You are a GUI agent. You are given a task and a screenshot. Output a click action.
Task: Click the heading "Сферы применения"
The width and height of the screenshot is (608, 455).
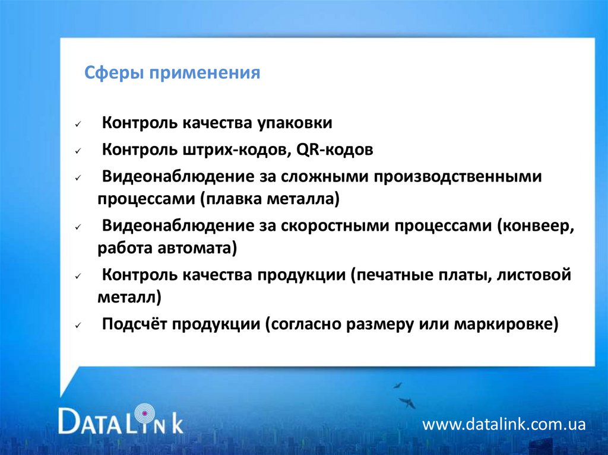click(172, 73)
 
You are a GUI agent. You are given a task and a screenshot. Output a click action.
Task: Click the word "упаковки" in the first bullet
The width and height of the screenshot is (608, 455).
click(294, 123)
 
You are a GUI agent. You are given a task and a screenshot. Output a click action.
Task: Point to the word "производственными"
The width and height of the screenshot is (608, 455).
click(458, 177)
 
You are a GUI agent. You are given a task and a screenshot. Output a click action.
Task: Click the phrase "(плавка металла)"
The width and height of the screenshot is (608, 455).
click(270, 199)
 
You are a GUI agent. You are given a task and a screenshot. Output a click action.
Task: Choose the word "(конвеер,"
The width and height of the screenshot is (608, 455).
click(536, 225)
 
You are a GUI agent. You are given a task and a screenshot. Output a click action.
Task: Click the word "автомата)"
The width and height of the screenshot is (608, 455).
click(197, 248)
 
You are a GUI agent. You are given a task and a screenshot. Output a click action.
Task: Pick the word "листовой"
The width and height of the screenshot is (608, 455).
click(534, 275)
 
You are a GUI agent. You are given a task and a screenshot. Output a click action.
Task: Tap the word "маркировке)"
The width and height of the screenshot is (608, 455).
click(506, 324)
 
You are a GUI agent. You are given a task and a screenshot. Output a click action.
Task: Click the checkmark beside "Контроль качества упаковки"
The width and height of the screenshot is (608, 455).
click(78, 125)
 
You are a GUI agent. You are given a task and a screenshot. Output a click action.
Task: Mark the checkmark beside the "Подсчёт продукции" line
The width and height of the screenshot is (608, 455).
click(78, 326)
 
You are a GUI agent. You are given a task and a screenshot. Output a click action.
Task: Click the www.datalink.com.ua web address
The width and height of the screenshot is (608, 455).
click(503, 424)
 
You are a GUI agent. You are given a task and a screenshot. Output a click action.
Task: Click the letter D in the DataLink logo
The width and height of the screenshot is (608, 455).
click(69, 420)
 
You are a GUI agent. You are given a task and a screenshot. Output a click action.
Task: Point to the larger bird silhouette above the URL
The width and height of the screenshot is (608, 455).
click(407, 402)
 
